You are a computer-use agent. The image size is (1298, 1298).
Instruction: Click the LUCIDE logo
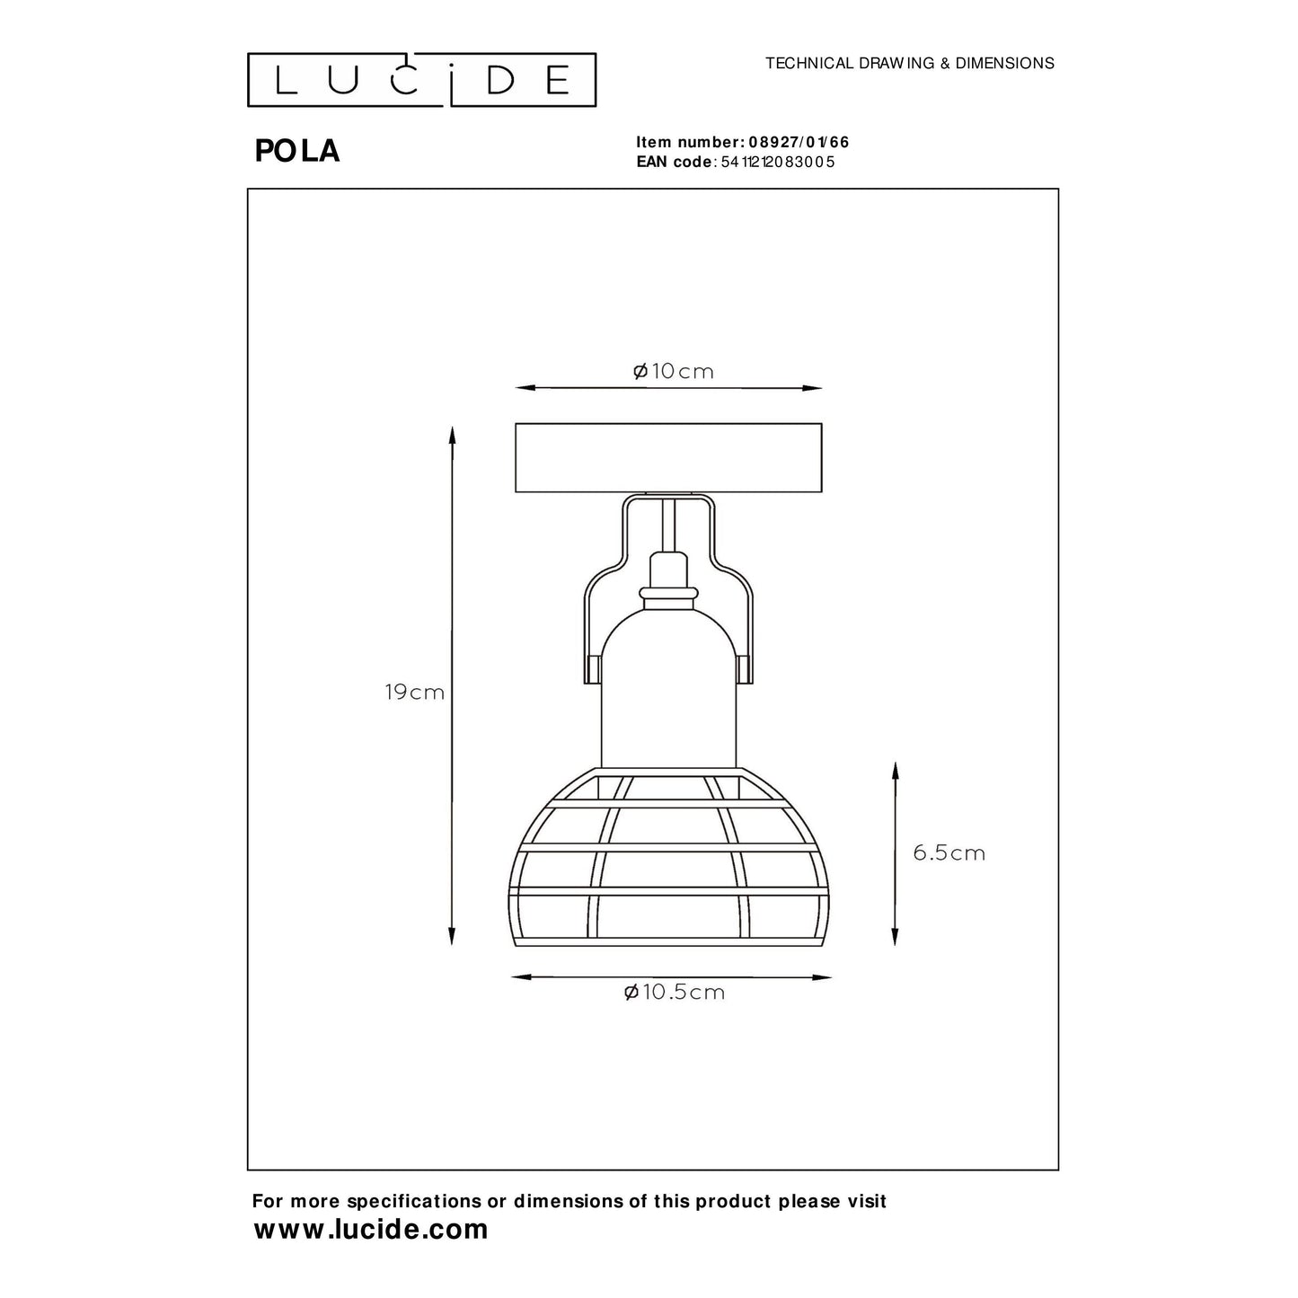[x=422, y=79]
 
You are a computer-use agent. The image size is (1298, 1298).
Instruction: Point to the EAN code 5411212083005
[x=778, y=162]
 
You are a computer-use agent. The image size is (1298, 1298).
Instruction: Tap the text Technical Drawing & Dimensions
[x=909, y=63]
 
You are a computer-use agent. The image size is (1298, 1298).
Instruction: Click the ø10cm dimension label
[x=674, y=371]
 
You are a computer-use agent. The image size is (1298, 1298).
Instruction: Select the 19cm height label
[x=414, y=693]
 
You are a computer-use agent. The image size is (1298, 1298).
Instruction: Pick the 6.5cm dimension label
[x=949, y=852]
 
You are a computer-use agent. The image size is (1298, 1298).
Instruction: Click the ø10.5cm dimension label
[x=674, y=992]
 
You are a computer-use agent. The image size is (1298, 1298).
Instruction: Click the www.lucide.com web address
[x=371, y=1229]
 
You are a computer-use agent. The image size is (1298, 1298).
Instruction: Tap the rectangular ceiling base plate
[x=668, y=458]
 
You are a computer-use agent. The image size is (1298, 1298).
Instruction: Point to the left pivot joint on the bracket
[x=594, y=670]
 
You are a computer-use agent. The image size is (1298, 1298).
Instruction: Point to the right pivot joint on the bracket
[x=743, y=670]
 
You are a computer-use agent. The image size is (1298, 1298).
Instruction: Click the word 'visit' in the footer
[x=864, y=1201]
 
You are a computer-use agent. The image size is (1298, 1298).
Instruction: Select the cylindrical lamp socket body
[x=668, y=692]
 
